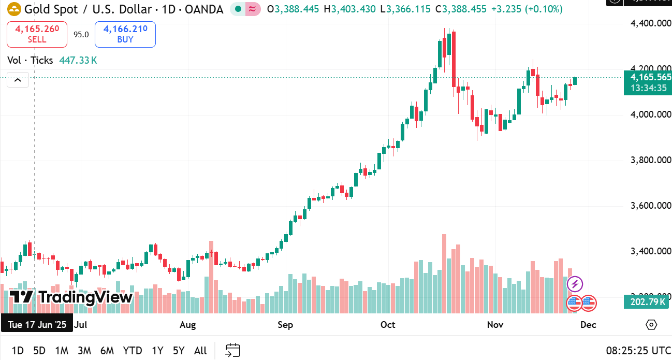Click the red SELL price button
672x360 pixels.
[x=37, y=34]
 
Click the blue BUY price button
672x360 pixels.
[x=125, y=34]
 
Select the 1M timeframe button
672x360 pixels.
[x=62, y=351]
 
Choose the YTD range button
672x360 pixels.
[x=133, y=351]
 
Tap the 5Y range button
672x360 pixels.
[x=179, y=351]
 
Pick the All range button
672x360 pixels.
[x=200, y=351]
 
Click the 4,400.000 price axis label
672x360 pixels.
[x=650, y=23]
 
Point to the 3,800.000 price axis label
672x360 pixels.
[x=650, y=160]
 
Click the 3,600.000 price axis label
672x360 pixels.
[x=650, y=206]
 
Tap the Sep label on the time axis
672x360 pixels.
[x=285, y=325]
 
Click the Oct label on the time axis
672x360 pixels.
[x=388, y=325]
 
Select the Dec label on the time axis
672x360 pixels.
[x=588, y=325]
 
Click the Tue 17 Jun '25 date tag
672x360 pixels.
[x=37, y=325]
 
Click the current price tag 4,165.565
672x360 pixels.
[x=650, y=77]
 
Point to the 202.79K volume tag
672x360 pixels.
[x=648, y=301]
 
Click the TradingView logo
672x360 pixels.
[x=71, y=297]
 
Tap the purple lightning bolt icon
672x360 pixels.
[x=575, y=284]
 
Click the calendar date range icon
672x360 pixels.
[x=233, y=350]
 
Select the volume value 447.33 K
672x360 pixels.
[x=78, y=61]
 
